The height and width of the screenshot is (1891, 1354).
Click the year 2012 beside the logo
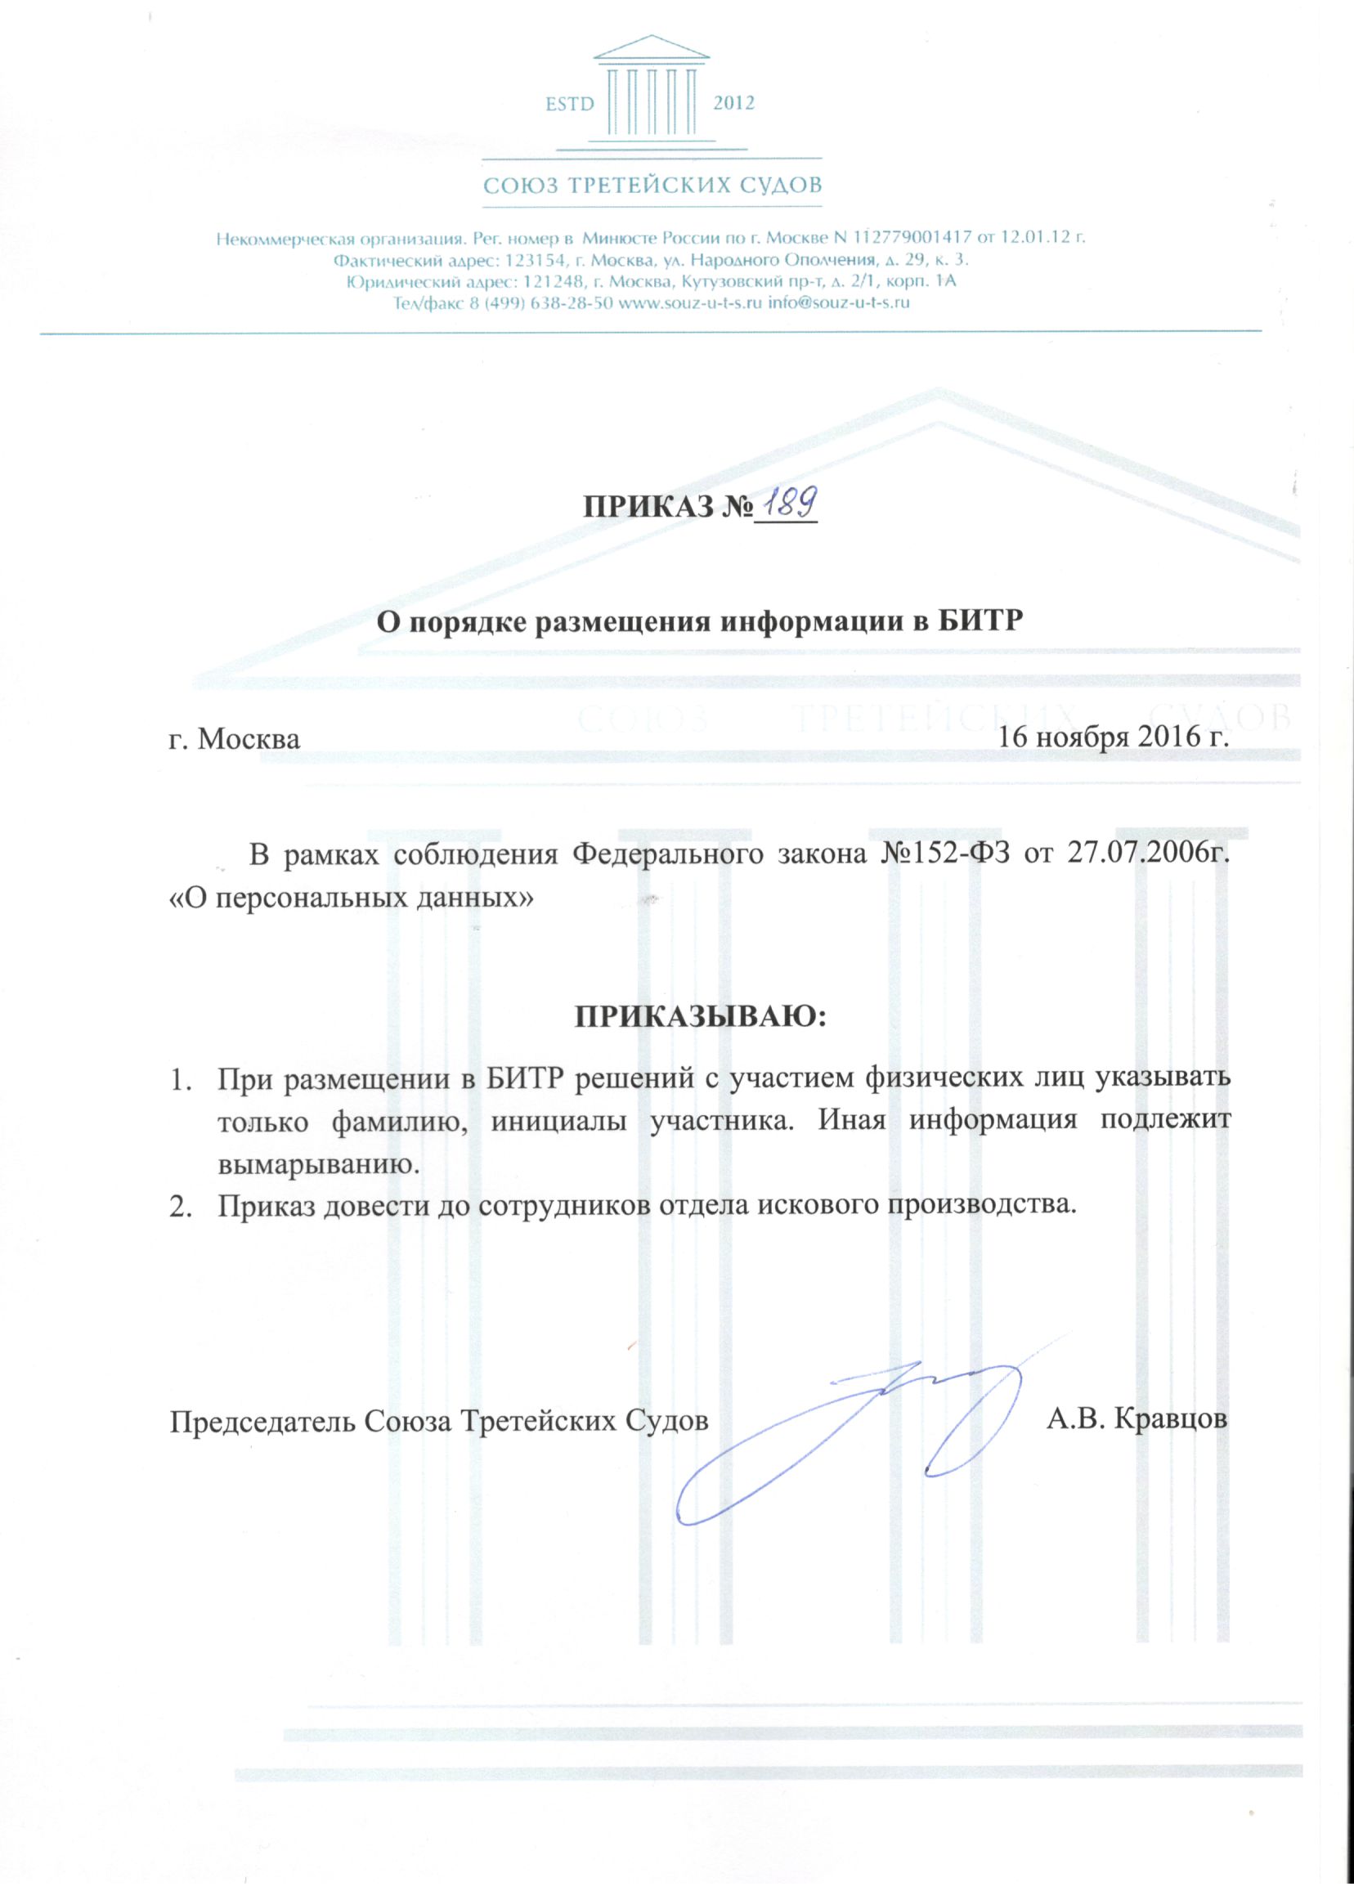[733, 103]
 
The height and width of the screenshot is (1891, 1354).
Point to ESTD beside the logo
[569, 104]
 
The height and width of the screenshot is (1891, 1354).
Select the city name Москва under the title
[249, 738]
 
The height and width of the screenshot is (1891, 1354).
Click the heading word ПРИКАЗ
[639, 507]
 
